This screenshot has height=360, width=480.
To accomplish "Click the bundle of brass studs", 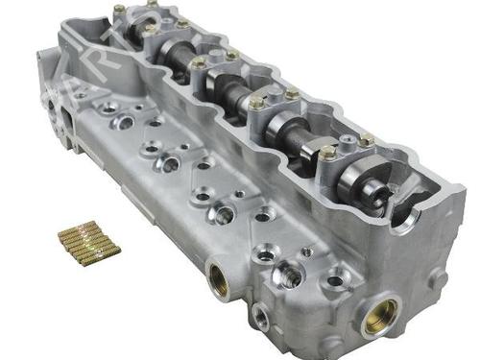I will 87,241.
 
